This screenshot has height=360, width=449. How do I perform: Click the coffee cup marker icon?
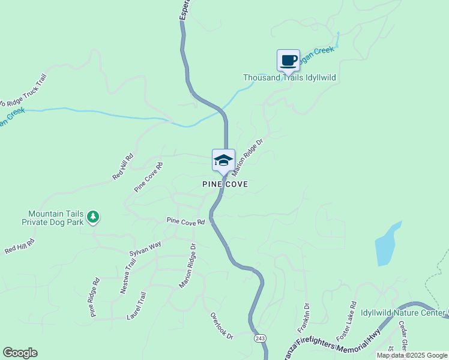point(288,60)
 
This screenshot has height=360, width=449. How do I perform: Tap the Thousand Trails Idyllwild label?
point(289,78)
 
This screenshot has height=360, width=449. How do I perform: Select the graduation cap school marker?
point(223,160)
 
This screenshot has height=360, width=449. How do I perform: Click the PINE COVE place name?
point(224,184)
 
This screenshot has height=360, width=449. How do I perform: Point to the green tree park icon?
point(93,216)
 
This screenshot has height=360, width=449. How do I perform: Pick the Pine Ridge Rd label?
point(95,297)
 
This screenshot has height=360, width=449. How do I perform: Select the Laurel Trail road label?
point(137,305)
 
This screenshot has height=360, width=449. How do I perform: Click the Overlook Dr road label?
point(221,326)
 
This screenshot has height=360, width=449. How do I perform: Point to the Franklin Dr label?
point(303,319)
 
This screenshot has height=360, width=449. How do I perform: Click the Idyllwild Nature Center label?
point(402,313)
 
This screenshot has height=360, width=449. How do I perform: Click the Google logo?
point(20,353)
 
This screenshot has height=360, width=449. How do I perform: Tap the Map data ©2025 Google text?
point(412,355)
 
